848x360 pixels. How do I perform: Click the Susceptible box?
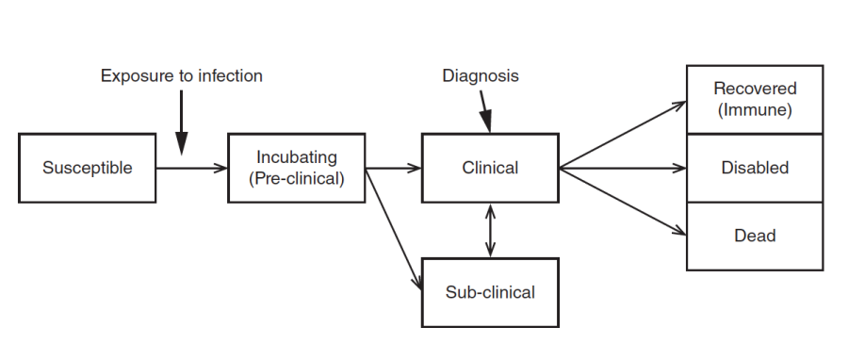point(87,169)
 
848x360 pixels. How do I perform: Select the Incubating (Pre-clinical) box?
point(297,169)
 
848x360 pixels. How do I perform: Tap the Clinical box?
point(490,169)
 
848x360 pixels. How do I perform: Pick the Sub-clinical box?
point(490,292)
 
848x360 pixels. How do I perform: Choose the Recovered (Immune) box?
point(755,99)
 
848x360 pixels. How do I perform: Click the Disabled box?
point(755,168)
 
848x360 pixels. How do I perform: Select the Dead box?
point(755,236)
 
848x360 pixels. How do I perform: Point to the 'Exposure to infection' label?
point(182,76)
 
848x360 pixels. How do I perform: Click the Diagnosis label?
point(481,76)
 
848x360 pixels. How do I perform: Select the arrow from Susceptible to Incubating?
point(192,169)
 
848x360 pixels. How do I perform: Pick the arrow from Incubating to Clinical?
point(394,169)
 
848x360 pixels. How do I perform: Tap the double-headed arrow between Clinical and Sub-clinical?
point(490,230)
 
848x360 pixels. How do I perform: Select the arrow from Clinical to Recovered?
point(622,135)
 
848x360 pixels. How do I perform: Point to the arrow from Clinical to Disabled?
point(622,169)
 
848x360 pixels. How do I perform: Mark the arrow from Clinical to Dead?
point(622,202)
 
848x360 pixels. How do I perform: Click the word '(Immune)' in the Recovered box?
point(755,109)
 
